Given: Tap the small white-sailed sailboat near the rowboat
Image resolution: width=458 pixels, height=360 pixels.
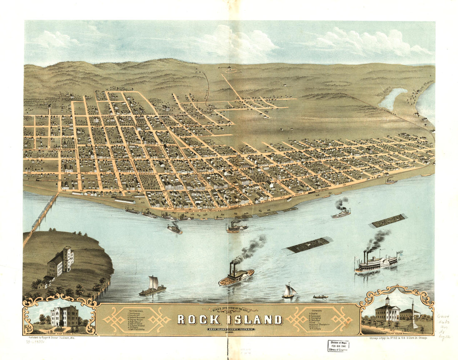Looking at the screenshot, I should pos(289,290).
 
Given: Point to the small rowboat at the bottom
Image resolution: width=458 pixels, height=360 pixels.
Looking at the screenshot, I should pos(321,297).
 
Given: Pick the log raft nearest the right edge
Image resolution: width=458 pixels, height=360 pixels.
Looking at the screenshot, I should pos(388,221).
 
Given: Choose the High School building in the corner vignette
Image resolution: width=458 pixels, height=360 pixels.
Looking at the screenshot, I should pos(64,316).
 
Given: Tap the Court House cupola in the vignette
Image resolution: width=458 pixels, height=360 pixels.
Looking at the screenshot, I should pos(387,300).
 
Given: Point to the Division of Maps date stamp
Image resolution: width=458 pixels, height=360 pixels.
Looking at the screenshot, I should pos(338,345).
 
